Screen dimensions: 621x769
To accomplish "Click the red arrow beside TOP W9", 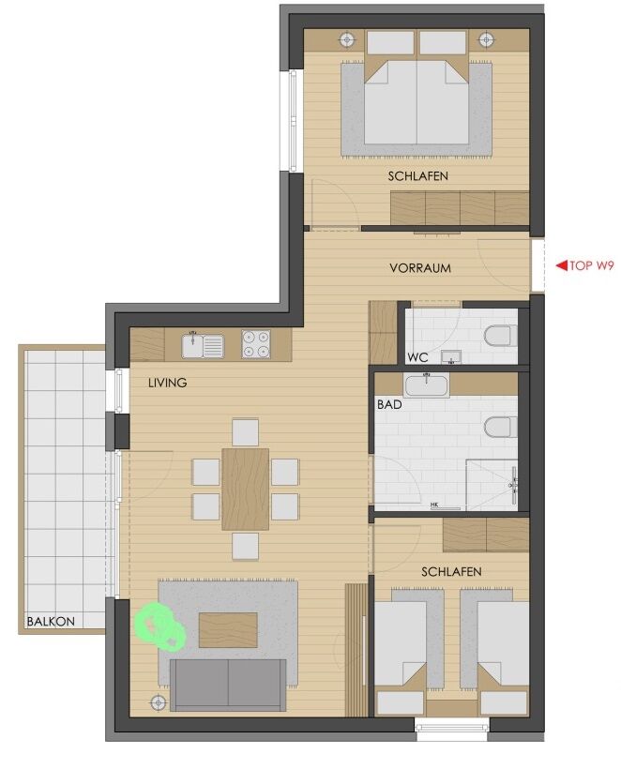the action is click(x=562, y=265).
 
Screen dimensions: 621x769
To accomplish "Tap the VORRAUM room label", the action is click(x=420, y=268).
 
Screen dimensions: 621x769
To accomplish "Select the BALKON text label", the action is click(x=51, y=622).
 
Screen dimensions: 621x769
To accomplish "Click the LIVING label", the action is click(x=167, y=383).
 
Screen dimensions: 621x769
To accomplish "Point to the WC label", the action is click(x=417, y=357).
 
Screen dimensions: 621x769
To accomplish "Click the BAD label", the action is click(x=389, y=404).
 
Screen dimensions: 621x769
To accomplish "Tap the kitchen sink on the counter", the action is click(x=203, y=345).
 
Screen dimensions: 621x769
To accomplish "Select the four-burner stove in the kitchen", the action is click(x=255, y=343).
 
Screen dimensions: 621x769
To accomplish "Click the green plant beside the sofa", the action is click(x=160, y=626).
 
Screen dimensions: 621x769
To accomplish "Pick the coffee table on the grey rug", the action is click(x=228, y=630).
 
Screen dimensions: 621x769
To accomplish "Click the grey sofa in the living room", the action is click(x=228, y=685).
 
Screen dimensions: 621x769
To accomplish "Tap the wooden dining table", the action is click(x=245, y=489).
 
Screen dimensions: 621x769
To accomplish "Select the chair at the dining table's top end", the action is click(x=245, y=431).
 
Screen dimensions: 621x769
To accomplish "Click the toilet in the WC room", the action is click(x=500, y=336).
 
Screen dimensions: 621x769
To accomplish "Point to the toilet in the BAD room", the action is click(x=500, y=427).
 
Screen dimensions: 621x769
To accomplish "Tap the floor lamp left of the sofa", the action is click(x=158, y=702).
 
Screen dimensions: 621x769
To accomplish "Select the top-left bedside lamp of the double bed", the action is click(x=348, y=39).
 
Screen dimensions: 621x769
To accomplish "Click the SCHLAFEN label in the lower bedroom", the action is click(x=451, y=572).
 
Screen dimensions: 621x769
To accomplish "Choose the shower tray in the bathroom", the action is click(x=491, y=485).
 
